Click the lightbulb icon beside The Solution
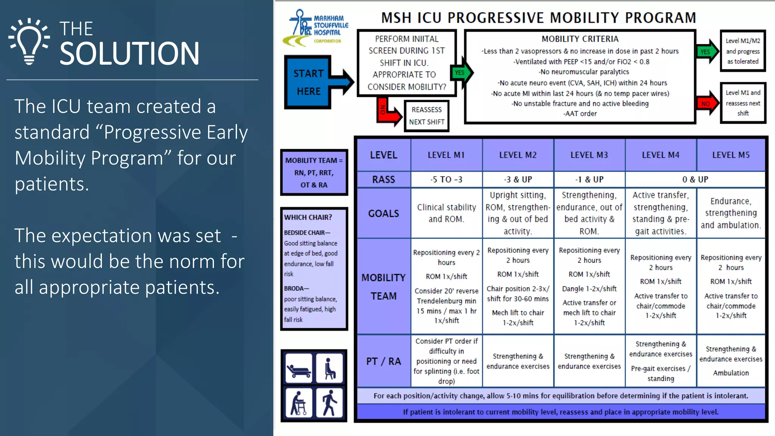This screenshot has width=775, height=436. click(29, 41)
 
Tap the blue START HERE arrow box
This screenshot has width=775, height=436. click(309, 82)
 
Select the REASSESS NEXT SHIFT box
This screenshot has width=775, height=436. click(426, 116)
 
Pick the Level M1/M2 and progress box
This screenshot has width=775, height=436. click(742, 51)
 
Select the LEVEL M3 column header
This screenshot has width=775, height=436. click(589, 155)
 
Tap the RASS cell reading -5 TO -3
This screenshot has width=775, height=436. click(446, 180)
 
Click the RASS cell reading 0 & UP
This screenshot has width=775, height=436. click(695, 180)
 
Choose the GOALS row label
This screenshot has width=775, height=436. click(383, 213)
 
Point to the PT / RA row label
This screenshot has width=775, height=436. click(383, 361)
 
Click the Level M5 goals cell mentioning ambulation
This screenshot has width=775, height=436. click(730, 213)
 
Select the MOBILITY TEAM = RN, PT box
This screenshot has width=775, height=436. click(314, 173)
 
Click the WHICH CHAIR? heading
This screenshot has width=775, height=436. click(308, 218)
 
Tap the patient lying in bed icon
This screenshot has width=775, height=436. click(299, 368)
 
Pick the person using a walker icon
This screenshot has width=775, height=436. click(299, 403)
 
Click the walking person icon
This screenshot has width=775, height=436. click(329, 403)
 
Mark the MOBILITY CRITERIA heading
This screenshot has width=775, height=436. click(580, 39)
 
